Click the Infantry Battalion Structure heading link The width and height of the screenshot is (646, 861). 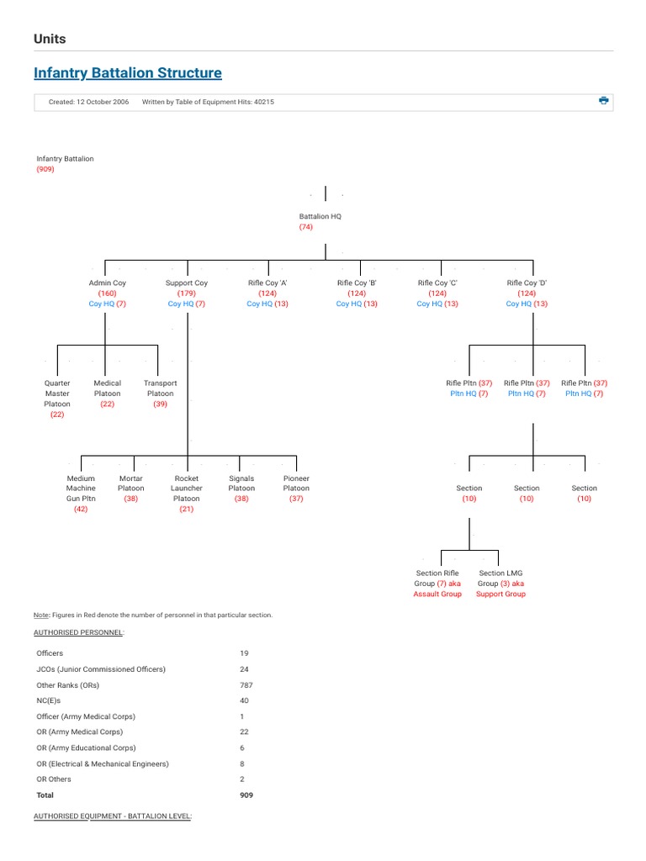[128, 73]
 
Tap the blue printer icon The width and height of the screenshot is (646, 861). [603, 101]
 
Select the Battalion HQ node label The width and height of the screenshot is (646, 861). [320, 216]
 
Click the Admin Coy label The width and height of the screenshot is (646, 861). [107, 283]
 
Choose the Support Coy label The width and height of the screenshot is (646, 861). [187, 283]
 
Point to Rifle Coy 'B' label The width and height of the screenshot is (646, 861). [357, 283]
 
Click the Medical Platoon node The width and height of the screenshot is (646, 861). [108, 388]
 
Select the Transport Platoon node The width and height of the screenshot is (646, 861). [160, 388]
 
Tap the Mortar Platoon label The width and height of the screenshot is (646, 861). [131, 483]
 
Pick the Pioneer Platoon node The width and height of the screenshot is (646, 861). [296, 483]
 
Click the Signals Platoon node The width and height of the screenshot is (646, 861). [241, 483]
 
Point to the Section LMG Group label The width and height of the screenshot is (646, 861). [501, 578]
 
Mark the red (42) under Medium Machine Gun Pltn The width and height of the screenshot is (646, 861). [81, 509]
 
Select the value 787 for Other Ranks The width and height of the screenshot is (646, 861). [246, 685]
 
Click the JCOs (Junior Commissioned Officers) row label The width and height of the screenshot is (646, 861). [101, 669]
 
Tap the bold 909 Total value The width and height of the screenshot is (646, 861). [246, 795]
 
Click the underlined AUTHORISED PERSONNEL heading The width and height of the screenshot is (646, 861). [79, 631]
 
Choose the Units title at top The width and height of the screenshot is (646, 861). [50, 39]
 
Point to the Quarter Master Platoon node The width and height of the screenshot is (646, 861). [57, 394]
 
